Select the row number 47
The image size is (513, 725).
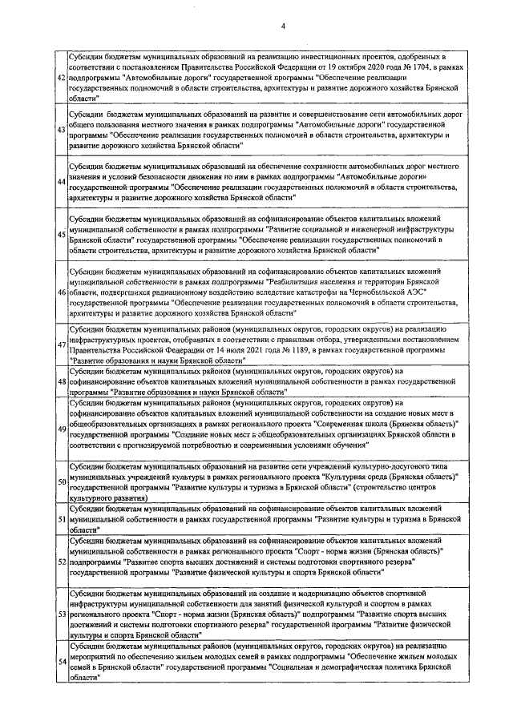pos(61,344)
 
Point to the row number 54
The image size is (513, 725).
pos(61,660)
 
